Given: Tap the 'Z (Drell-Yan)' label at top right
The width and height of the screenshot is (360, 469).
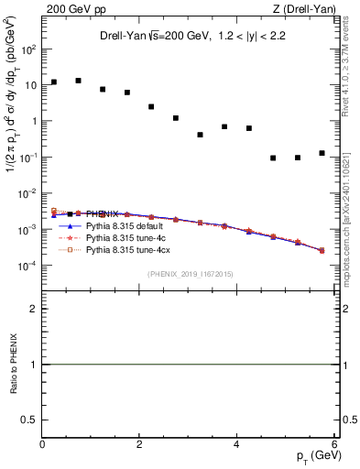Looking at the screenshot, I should pyautogui.click(x=309, y=9).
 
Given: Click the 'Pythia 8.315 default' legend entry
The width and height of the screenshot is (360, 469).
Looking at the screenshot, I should pyautogui.click(x=125, y=225).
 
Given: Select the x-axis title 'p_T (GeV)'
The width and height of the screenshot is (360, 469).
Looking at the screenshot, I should pyautogui.click(x=314, y=456).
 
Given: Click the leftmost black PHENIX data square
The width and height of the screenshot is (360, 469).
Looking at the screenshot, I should pyautogui.click(x=54, y=82).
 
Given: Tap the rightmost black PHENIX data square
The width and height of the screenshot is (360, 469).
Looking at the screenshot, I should pyautogui.click(x=322, y=153).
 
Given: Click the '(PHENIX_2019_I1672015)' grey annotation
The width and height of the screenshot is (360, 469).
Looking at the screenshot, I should pyautogui.click(x=191, y=274).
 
